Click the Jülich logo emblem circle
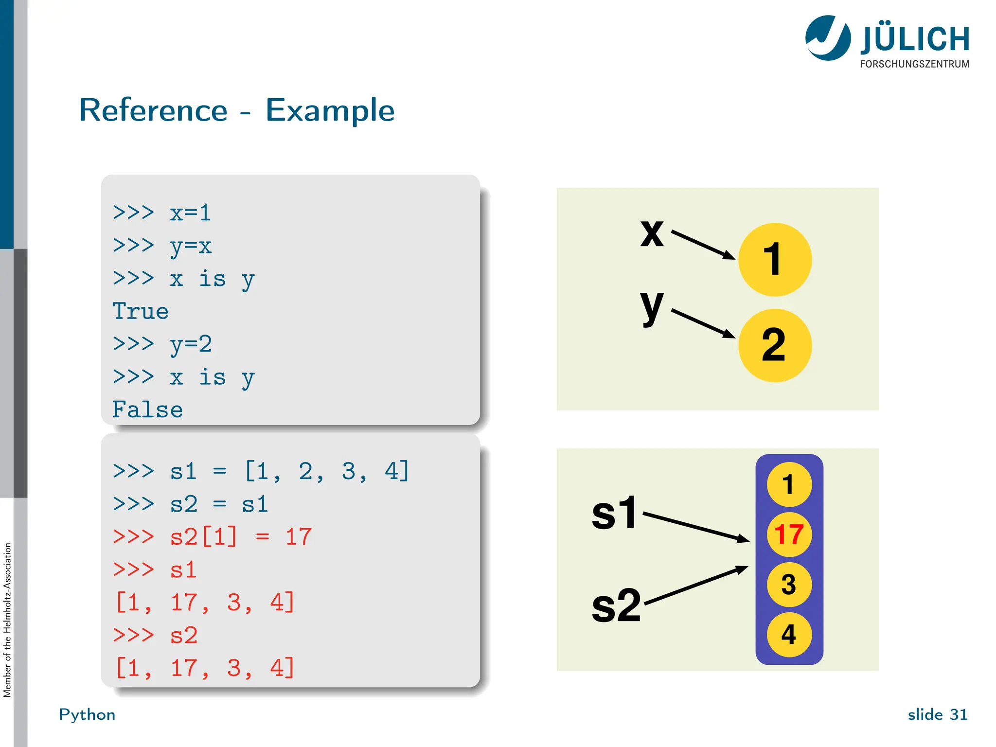click(x=828, y=38)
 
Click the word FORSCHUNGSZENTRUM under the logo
click(x=914, y=64)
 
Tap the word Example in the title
click(x=330, y=111)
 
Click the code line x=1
click(x=190, y=213)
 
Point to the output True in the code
click(x=140, y=311)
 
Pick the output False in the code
click(x=147, y=409)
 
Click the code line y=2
click(x=190, y=344)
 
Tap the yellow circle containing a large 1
click(x=775, y=259)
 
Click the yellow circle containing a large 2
click(x=775, y=345)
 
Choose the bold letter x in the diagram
click(x=652, y=233)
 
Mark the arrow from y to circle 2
click(x=703, y=323)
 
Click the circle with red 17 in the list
click(x=789, y=534)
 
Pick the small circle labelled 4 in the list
click(x=789, y=635)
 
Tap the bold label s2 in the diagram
click(x=616, y=605)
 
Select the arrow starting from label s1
click(x=695, y=526)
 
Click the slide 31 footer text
click(x=937, y=714)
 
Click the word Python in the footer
click(x=87, y=714)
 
